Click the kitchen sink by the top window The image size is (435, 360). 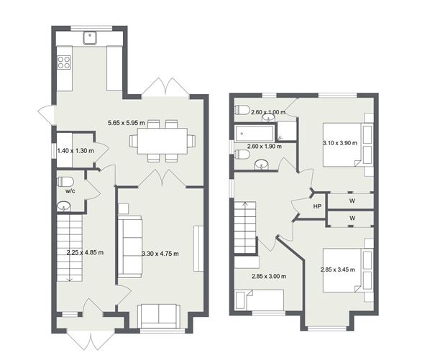click(90, 38)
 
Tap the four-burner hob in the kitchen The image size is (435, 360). click(64, 62)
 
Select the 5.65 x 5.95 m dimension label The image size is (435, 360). click(127, 123)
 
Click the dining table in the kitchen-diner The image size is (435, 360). click(162, 141)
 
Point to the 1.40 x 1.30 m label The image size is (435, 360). click(75, 151)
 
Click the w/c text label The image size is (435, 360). click(70, 191)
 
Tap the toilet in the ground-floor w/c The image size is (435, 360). click(65, 183)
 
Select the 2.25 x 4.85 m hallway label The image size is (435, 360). click(85, 253)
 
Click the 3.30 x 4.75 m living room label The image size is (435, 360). click(160, 254)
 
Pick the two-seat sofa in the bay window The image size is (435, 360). click(159, 316)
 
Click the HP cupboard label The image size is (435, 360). click(317, 206)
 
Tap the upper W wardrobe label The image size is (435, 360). click(352, 200)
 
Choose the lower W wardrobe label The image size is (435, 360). click(352, 218)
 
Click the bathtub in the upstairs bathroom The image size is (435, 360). click(255, 134)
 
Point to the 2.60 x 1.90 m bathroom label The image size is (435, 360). click(265, 146)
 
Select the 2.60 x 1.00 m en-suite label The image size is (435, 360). click(268, 112)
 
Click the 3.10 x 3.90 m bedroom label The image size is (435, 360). click(340, 143)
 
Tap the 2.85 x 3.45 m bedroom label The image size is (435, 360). click(338, 269)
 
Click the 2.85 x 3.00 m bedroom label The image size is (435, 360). click(269, 277)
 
